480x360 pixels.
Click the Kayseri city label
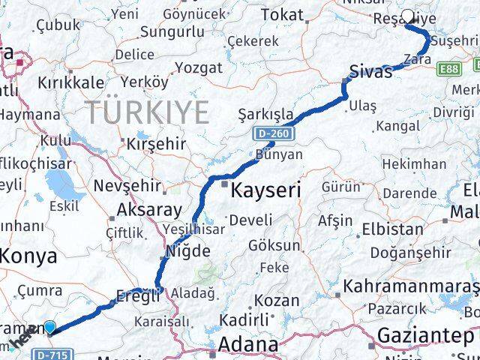[x=265, y=190]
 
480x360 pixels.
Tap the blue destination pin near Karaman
[x=49, y=327]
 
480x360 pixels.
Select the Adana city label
[x=248, y=346]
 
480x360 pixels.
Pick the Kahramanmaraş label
[x=409, y=287]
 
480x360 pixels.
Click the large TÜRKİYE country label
[x=147, y=112]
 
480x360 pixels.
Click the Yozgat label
[x=198, y=67]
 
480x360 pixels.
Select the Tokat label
[x=282, y=14]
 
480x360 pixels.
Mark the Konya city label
[x=28, y=256]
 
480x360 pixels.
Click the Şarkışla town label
[x=265, y=114]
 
